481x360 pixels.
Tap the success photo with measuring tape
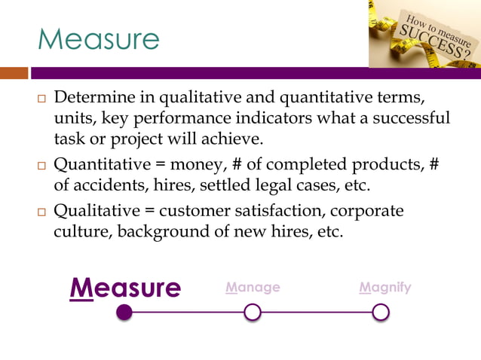[x=424, y=33]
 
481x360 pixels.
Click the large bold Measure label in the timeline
[x=125, y=288]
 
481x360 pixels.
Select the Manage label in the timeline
[x=253, y=287]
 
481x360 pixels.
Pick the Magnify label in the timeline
[x=385, y=287]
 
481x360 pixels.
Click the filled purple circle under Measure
[x=125, y=312]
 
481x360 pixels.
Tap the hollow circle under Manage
[x=253, y=312]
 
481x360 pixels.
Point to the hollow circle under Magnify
[x=381, y=312]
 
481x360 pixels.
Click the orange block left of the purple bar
[x=14, y=73]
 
